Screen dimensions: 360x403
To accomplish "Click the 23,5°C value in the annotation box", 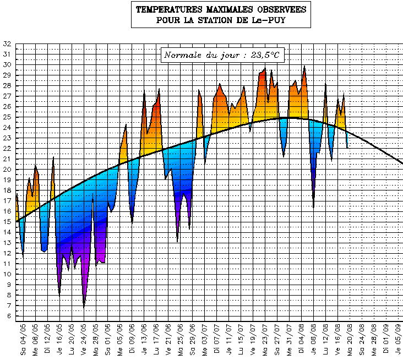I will (265, 55).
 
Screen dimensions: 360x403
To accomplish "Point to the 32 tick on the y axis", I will (7, 43).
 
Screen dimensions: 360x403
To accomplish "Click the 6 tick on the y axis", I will (8, 317).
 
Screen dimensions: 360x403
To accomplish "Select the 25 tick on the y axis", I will (7, 117).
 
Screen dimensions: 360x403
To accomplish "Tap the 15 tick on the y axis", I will (7, 222).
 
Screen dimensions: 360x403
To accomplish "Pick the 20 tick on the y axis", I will (7, 170).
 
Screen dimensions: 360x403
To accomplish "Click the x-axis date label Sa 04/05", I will (23, 340).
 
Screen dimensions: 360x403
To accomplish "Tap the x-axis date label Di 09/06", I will (132, 340).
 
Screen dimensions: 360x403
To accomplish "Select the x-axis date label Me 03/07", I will (205, 340).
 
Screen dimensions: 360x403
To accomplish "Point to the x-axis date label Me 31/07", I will (290, 340).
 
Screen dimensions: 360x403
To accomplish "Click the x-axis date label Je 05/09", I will (399, 340).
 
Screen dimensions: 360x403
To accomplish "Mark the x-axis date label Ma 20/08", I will (350, 340).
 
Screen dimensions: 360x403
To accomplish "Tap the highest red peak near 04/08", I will (304, 67).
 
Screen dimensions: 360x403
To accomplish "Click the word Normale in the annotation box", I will (183, 55).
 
